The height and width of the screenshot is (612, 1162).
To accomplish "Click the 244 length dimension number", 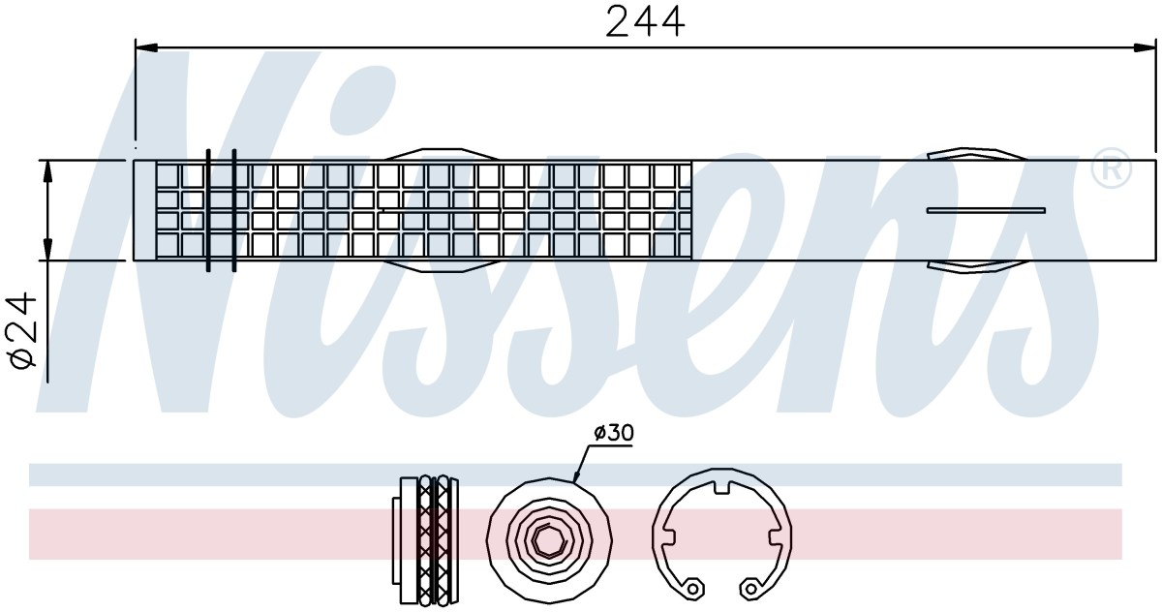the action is [x=645, y=21].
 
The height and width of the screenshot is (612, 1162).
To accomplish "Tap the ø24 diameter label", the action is [x=21, y=331].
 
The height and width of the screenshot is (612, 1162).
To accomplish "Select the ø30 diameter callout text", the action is [x=614, y=432].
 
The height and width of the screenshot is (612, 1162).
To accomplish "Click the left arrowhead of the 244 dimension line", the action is [x=146, y=48].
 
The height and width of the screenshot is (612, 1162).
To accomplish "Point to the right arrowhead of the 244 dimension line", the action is [x=1145, y=48].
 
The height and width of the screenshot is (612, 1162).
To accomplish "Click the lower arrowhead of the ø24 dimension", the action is [x=47, y=249].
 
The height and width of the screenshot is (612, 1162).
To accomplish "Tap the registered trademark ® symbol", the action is [x=1112, y=168].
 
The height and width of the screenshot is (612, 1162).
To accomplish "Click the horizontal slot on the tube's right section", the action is [x=986, y=210].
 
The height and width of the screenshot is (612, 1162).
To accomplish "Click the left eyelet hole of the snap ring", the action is [x=692, y=589].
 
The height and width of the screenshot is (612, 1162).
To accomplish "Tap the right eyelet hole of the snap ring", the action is [x=750, y=589].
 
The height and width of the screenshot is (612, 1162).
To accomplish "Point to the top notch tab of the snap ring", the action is [x=721, y=486].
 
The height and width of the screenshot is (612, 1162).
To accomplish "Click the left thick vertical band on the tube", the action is [x=208, y=210].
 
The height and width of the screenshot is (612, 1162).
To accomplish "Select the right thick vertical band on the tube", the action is [x=234, y=210].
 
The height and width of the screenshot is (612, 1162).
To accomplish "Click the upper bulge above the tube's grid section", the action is [x=441, y=154].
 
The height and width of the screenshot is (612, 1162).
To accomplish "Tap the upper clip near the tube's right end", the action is [x=975, y=155].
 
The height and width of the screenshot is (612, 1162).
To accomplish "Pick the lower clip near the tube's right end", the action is [x=975, y=266].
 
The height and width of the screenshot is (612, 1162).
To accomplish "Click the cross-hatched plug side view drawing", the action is [x=425, y=539].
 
